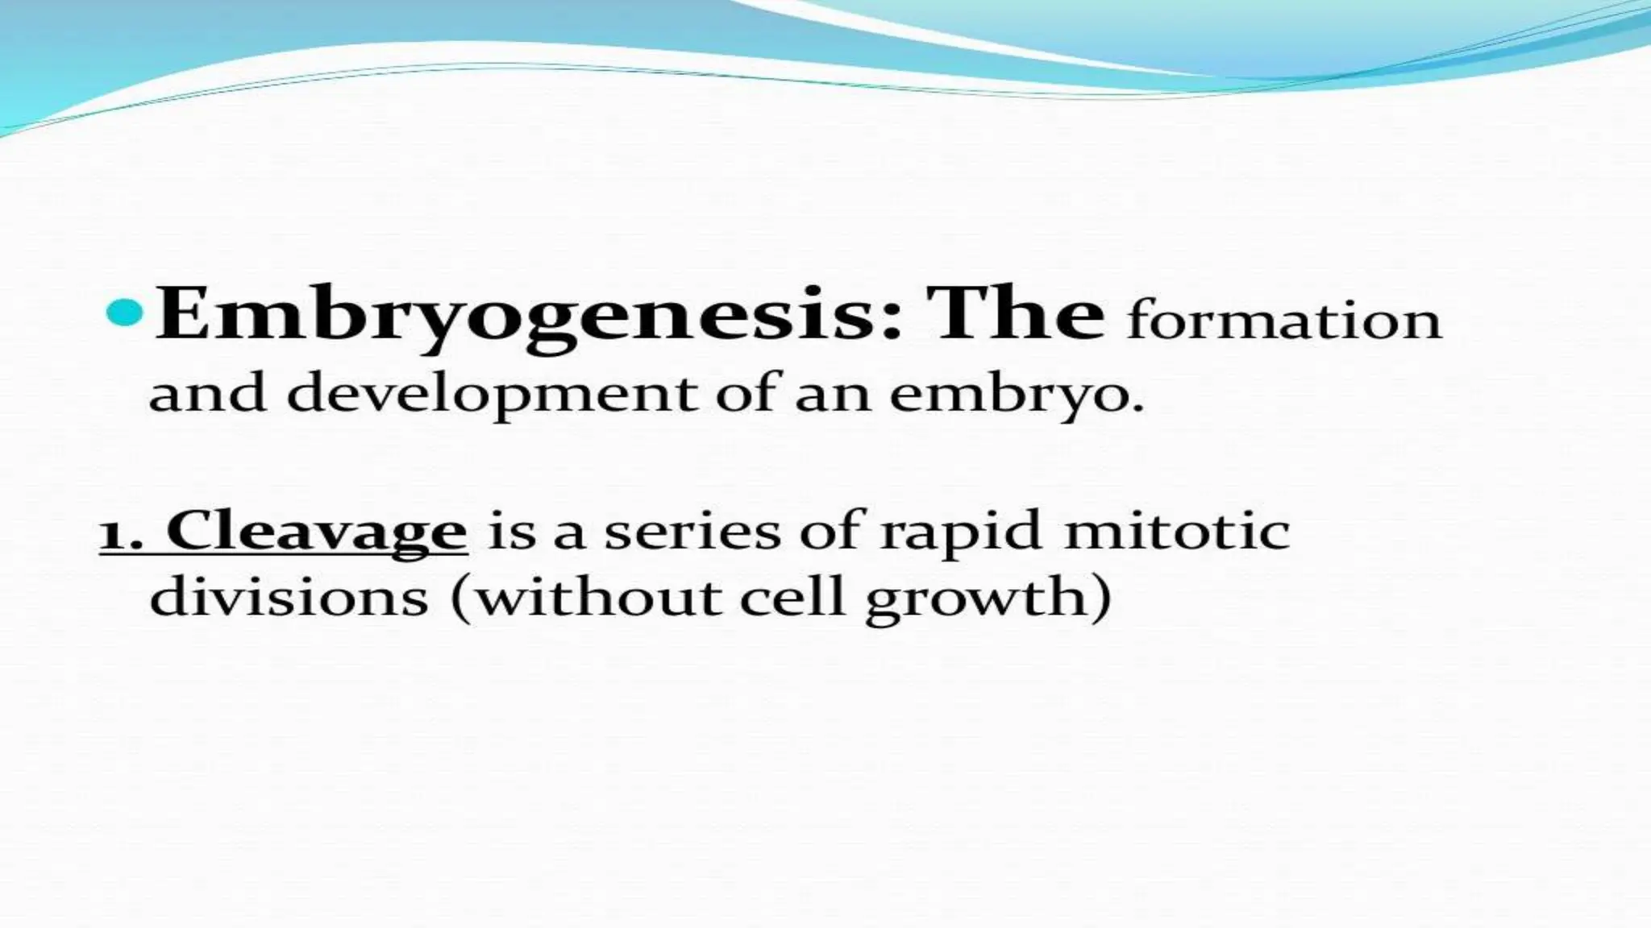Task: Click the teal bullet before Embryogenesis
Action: coord(124,315)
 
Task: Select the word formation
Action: coord(1283,321)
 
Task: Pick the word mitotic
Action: coord(1177,532)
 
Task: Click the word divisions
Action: coord(289,598)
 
